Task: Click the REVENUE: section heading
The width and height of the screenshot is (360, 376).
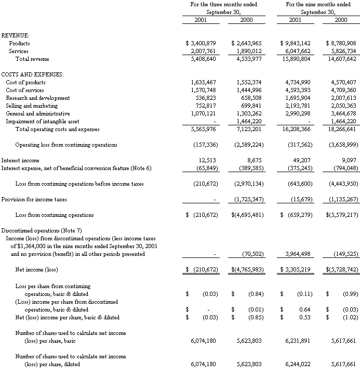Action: [16, 35]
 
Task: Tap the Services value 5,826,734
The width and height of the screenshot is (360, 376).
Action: [340, 51]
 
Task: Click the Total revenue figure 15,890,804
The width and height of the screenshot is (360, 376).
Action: [295, 59]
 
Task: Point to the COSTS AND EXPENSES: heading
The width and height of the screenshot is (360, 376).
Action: [33, 74]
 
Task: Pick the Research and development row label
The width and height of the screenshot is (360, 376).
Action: [38, 98]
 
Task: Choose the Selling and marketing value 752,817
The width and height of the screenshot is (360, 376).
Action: [204, 106]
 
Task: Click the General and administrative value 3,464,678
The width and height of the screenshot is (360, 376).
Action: [340, 113]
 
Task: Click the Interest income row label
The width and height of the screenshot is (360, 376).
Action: [20, 161]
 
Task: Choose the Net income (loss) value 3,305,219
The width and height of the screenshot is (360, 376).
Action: [298, 270]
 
